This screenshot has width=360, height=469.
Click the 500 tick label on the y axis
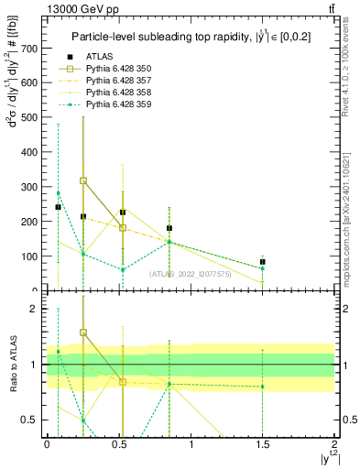coord(30,117)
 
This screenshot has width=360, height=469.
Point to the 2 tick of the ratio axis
coord(34,310)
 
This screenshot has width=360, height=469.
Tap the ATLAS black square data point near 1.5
coord(263,262)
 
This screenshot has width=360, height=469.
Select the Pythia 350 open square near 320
coord(83,180)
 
